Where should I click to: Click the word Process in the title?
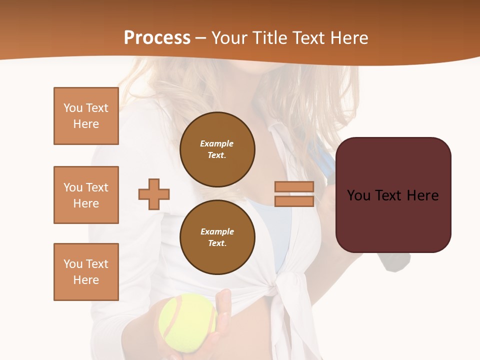pos(157,38)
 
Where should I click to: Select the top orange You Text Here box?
pos(86,116)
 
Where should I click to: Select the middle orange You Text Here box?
pos(86,195)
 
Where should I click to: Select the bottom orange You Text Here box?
pos(86,272)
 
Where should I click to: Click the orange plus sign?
pos(154,194)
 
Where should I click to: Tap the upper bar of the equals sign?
pos(294,187)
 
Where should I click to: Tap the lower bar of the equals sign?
pos(294,201)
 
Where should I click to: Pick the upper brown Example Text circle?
pos(217,149)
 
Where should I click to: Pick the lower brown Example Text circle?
pos(217,237)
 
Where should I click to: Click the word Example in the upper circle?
pos(217,143)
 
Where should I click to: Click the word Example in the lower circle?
pos(217,231)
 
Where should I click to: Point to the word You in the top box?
pos(72,108)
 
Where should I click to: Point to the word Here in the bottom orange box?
pos(86,280)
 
